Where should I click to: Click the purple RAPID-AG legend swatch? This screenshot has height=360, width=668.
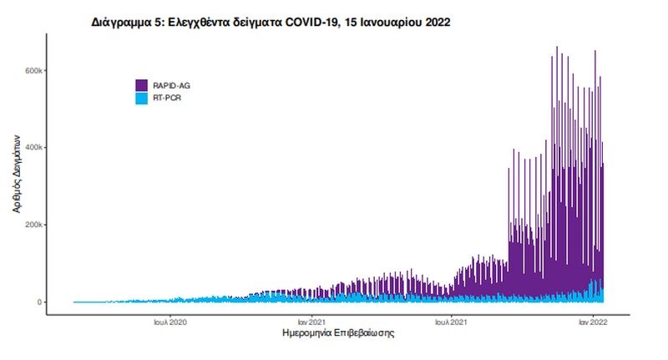142,85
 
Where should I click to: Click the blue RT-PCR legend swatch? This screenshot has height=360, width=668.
142,98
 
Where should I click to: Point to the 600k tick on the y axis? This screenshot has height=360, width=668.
34,70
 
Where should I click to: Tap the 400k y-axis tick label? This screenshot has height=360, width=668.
34,148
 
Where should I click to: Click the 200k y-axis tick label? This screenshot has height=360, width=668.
34,225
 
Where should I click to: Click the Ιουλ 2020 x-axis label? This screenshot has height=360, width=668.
170,321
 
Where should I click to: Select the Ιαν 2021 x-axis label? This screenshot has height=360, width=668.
311,321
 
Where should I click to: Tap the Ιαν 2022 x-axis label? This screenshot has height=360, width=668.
592,321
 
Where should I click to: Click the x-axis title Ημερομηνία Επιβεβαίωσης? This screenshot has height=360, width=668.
339,334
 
